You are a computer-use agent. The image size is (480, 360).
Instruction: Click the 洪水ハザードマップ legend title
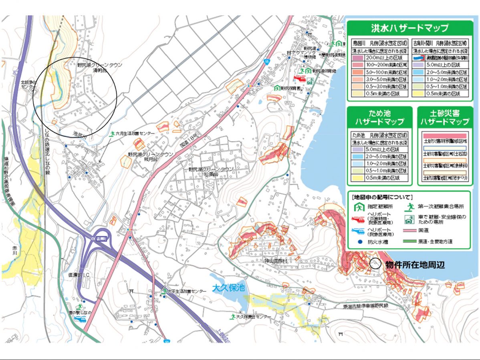(x=409, y=28)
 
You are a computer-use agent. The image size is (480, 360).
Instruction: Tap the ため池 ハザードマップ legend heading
(x=379, y=117)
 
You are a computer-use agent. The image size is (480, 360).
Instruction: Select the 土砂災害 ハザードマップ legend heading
(x=444, y=117)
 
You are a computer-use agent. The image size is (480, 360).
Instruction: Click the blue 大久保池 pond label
(x=228, y=288)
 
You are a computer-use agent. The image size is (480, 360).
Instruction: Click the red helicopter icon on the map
(x=300, y=79)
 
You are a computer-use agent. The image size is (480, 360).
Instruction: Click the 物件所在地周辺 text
(x=415, y=265)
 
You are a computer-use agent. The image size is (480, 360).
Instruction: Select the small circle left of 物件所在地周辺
(x=375, y=264)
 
